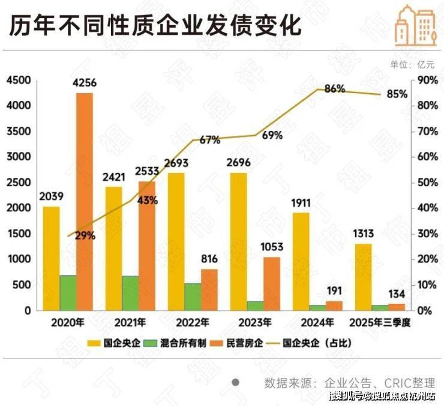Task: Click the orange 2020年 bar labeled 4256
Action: tap(85, 201)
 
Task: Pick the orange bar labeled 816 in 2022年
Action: tap(209, 289)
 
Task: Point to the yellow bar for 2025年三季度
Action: tap(363, 277)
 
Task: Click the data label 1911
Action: tap(301, 202)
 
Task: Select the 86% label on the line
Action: tap(334, 89)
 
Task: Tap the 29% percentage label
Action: tap(85, 236)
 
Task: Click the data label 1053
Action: tap(272, 247)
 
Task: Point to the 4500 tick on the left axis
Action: tap(19, 80)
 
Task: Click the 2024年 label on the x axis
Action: tap(316, 323)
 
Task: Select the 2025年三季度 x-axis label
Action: tap(382, 323)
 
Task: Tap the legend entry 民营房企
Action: tap(246, 344)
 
